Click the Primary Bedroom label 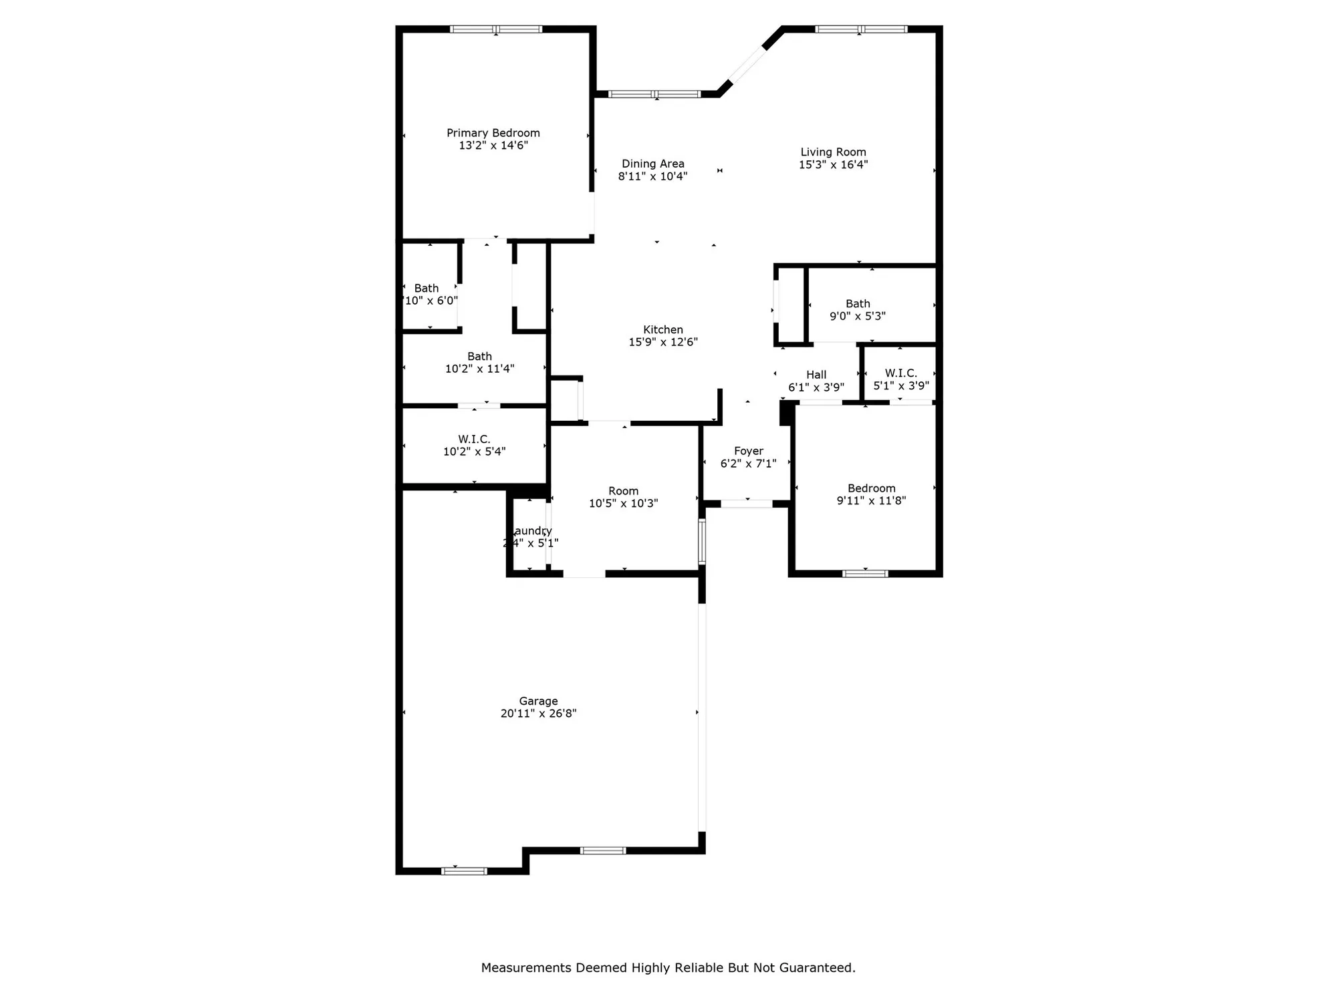493,133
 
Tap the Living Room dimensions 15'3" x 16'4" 833,164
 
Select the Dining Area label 652,164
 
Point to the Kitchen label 662,329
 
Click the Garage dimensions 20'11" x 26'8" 538,713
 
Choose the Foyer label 748,451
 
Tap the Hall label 816,375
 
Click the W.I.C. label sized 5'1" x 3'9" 900,373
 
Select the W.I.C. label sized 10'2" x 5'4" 474,439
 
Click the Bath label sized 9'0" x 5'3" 858,303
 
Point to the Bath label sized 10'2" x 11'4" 479,356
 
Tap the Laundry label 531,531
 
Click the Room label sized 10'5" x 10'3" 623,491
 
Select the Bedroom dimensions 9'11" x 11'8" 871,500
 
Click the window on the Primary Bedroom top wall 495,29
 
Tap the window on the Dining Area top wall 654,94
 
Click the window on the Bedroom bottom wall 865,573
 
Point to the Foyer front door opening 747,504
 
